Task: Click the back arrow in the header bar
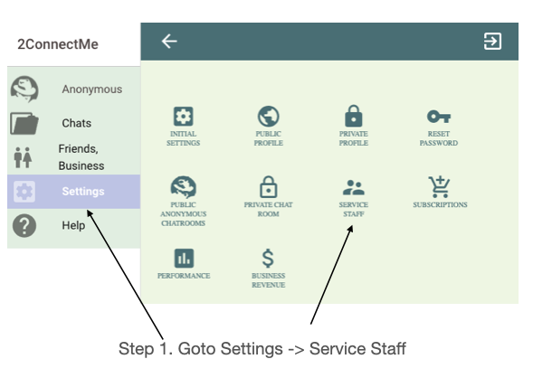click(169, 42)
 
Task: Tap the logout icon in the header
click(492, 42)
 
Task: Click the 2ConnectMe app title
click(58, 44)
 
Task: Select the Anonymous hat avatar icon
click(24, 89)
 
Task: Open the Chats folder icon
click(24, 123)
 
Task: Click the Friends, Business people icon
click(24, 157)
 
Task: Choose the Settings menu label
click(83, 192)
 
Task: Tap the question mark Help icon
click(24, 225)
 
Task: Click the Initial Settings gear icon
click(183, 117)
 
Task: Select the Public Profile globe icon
click(268, 117)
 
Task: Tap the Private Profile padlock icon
click(354, 116)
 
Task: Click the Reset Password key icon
click(439, 117)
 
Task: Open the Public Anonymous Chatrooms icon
click(183, 187)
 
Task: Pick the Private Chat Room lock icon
click(269, 187)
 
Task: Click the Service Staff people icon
click(354, 187)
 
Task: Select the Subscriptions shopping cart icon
click(439, 187)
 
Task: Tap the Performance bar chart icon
click(184, 258)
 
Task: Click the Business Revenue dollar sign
click(268, 258)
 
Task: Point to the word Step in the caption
click(136, 349)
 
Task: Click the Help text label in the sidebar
click(73, 225)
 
